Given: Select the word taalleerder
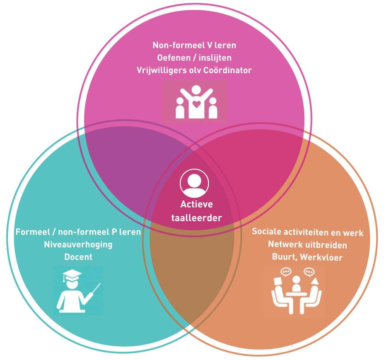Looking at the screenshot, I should [x=196, y=218].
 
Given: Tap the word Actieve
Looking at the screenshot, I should [x=196, y=204].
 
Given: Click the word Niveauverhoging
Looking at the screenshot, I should [x=78, y=244].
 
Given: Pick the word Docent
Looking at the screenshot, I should [x=78, y=257].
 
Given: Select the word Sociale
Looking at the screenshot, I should [x=267, y=232].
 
